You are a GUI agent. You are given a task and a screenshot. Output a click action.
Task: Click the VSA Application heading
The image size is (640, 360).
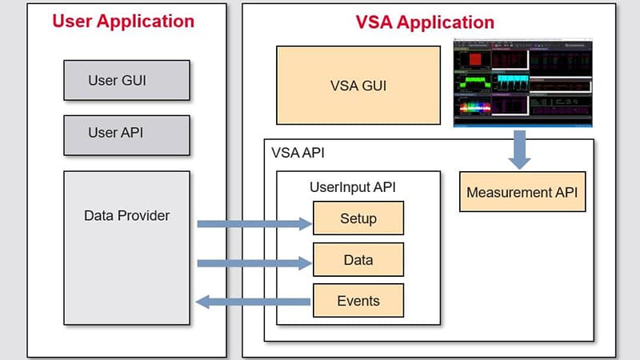pyautogui.click(x=425, y=22)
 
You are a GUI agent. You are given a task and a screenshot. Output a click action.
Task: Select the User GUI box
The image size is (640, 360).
pyautogui.click(x=126, y=81)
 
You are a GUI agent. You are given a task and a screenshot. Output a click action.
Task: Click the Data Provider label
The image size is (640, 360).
pyautogui.click(x=126, y=215)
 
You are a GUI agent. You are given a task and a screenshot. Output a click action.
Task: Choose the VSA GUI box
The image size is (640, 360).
pyautogui.click(x=358, y=86)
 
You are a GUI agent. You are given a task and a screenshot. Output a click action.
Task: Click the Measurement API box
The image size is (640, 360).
pyautogui.click(x=522, y=192)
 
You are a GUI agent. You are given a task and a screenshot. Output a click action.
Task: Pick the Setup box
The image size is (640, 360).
pyautogui.click(x=358, y=218)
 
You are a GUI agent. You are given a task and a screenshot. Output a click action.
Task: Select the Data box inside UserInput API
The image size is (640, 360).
pyautogui.click(x=358, y=260)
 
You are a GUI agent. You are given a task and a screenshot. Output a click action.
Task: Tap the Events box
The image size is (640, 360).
pyautogui.click(x=358, y=301)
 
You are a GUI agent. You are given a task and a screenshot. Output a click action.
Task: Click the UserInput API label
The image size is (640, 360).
pyautogui.click(x=353, y=187)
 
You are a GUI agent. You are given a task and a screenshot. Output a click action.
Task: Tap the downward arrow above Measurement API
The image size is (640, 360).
pyautogui.click(x=519, y=149)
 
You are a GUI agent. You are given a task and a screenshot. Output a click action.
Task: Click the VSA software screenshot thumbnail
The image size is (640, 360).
pyautogui.click(x=522, y=82)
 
